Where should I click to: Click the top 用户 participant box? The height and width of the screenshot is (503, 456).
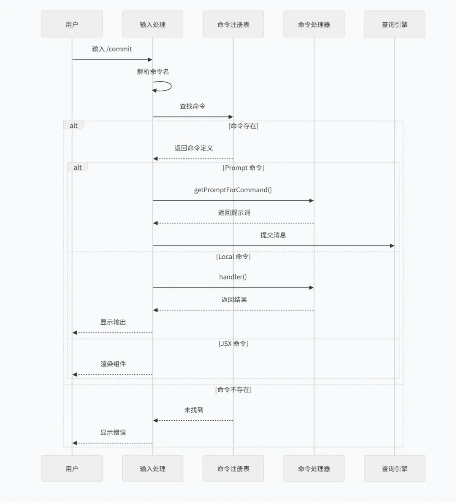click(x=72, y=24)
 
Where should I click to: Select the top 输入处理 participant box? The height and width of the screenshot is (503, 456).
click(x=152, y=24)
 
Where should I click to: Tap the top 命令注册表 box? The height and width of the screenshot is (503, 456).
click(x=233, y=24)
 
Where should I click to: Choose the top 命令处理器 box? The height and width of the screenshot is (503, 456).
click(x=314, y=24)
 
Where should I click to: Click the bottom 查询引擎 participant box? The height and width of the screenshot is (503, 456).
click(x=394, y=468)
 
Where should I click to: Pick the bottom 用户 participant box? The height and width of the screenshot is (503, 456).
click(x=72, y=468)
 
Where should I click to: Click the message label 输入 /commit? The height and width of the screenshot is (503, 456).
click(x=112, y=49)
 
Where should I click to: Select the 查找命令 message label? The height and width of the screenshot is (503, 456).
click(x=193, y=106)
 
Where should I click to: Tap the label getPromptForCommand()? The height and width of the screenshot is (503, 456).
click(x=233, y=190)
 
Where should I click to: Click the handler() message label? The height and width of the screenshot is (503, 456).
click(x=233, y=277)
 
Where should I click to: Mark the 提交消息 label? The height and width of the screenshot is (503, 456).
click(x=273, y=235)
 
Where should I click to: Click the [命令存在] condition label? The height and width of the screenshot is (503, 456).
click(x=243, y=126)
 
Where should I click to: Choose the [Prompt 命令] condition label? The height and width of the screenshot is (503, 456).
click(x=243, y=168)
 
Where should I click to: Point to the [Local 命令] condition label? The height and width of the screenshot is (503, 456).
click(x=233, y=256)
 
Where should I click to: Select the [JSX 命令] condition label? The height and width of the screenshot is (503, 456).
click(x=233, y=344)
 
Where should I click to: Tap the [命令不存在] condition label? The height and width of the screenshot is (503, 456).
click(x=233, y=390)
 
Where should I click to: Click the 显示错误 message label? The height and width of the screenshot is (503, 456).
click(x=113, y=432)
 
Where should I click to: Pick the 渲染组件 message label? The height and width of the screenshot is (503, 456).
click(x=113, y=364)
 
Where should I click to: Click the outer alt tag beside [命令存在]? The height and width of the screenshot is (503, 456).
click(x=74, y=126)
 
